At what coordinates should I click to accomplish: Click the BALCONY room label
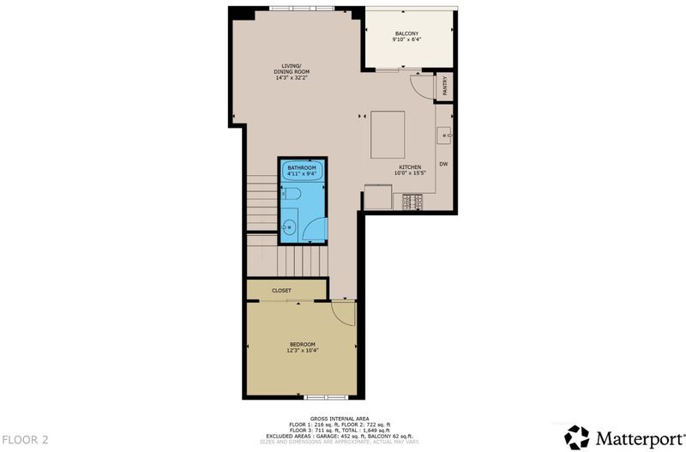pyautogui.click(x=406, y=33)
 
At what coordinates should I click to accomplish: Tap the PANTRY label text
pyautogui.click(x=445, y=87)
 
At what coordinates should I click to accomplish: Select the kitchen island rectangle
pyautogui.click(x=388, y=135)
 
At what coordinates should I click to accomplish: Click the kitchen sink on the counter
pyautogui.click(x=444, y=136)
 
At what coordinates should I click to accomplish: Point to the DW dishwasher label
pyautogui.click(x=443, y=164)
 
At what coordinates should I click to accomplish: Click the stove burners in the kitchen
pyautogui.click(x=412, y=202)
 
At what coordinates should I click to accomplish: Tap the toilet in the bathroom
pyautogui.click(x=292, y=193)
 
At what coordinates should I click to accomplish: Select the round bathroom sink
pyautogui.click(x=289, y=227)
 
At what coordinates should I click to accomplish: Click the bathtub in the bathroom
pyautogui.click(x=303, y=170)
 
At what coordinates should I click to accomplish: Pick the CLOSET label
pyautogui.click(x=281, y=291)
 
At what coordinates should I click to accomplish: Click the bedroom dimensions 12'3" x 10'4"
pyautogui.click(x=303, y=350)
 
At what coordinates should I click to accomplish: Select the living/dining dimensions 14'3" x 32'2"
pyautogui.click(x=292, y=78)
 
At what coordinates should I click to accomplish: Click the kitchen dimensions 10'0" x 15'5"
pyautogui.click(x=410, y=173)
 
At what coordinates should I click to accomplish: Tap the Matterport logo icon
pyautogui.click(x=576, y=437)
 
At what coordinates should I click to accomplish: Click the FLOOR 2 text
pyautogui.click(x=26, y=440)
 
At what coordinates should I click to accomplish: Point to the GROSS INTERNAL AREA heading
pyautogui.click(x=340, y=419)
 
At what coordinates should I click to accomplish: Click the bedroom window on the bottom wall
pyautogui.click(x=326, y=397)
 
